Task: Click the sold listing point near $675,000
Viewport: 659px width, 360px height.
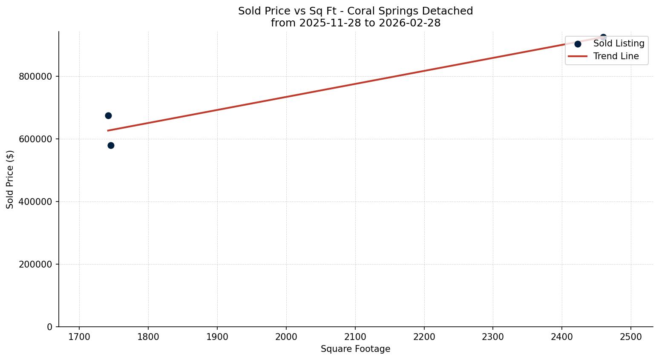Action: pyautogui.click(x=108, y=115)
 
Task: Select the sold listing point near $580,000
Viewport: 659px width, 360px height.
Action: pyautogui.click(x=111, y=145)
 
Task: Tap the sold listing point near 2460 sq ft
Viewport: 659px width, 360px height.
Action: pyautogui.click(x=603, y=37)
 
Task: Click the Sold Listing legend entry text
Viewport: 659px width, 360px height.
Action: pyautogui.click(x=619, y=43)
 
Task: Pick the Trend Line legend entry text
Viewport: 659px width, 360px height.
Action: pyautogui.click(x=616, y=56)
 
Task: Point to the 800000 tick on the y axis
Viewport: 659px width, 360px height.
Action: pyautogui.click(x=35, y=77)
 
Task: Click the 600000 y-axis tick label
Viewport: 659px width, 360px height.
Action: pyautogui.click(x=35, y=139)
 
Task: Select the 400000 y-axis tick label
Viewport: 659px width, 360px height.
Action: pyautogui.click(x=35, y=202)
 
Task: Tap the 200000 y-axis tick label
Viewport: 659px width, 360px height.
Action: pyautogui.click(x=35, y=265)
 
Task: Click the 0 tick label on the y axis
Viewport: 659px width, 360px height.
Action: pyautogui.click(x=50, y=327)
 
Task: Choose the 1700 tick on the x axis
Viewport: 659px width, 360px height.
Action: pyautogui.click(x=79, y=337)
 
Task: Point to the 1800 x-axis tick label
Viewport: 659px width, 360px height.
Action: pyautogui.click(x=148, y=337)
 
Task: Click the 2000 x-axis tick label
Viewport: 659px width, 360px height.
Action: pyautogui.click(x=286, y=337)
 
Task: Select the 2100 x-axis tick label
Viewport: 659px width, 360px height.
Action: pyautogui.click(x=355, y=337)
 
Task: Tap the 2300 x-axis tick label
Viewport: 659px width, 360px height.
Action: pyautogui.click(x=493, y=337)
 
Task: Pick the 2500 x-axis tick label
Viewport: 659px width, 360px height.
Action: pyautogui.click(x=631, y=337)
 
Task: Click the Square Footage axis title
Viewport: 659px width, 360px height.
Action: pyautogui.click(x=355, y=349)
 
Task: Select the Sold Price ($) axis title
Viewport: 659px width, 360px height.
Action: pyautogui.click(x=10, y=179)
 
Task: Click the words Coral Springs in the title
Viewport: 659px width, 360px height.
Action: pyautogui.click(x=383, y=11)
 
